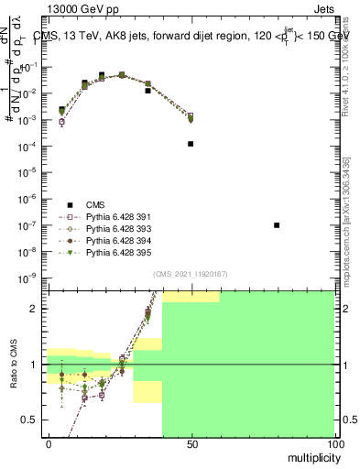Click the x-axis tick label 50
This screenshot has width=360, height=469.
click(x=191, y=443)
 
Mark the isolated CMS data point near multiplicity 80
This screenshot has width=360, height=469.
click(x=277, y=225)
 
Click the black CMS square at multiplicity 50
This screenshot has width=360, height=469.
click(x=191, y=144)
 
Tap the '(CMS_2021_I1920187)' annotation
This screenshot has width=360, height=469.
click(x=191, y=274)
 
